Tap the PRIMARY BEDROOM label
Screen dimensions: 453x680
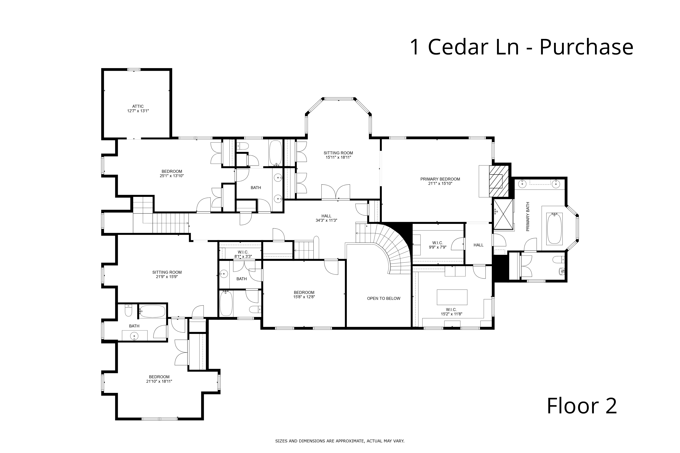coord(440,179)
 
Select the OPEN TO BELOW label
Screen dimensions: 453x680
coord(384,298)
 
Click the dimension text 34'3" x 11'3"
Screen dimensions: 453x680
coord(326,220)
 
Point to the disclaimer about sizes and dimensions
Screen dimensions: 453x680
coord(340,441)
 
